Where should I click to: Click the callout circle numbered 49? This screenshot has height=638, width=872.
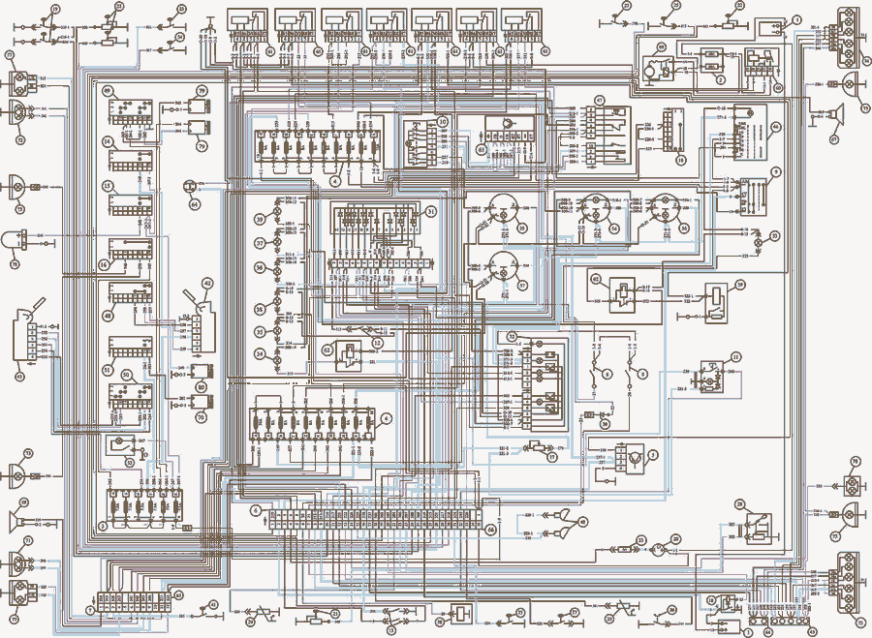click(109, 91)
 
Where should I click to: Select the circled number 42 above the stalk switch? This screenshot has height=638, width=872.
click(206, 283)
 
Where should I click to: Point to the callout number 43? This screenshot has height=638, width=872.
click(17, 377)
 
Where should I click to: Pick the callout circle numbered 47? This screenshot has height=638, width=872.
click(599, 101)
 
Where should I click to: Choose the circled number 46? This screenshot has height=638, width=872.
click(775, 127)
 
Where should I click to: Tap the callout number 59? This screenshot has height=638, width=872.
click(739, 285)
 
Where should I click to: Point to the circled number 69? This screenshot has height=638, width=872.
click(662, 46)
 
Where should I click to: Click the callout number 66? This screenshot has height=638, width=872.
click(490, 530)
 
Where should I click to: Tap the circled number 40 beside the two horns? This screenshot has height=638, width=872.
click(582, 522)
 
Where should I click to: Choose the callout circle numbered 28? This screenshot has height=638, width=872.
click(738, 504)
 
